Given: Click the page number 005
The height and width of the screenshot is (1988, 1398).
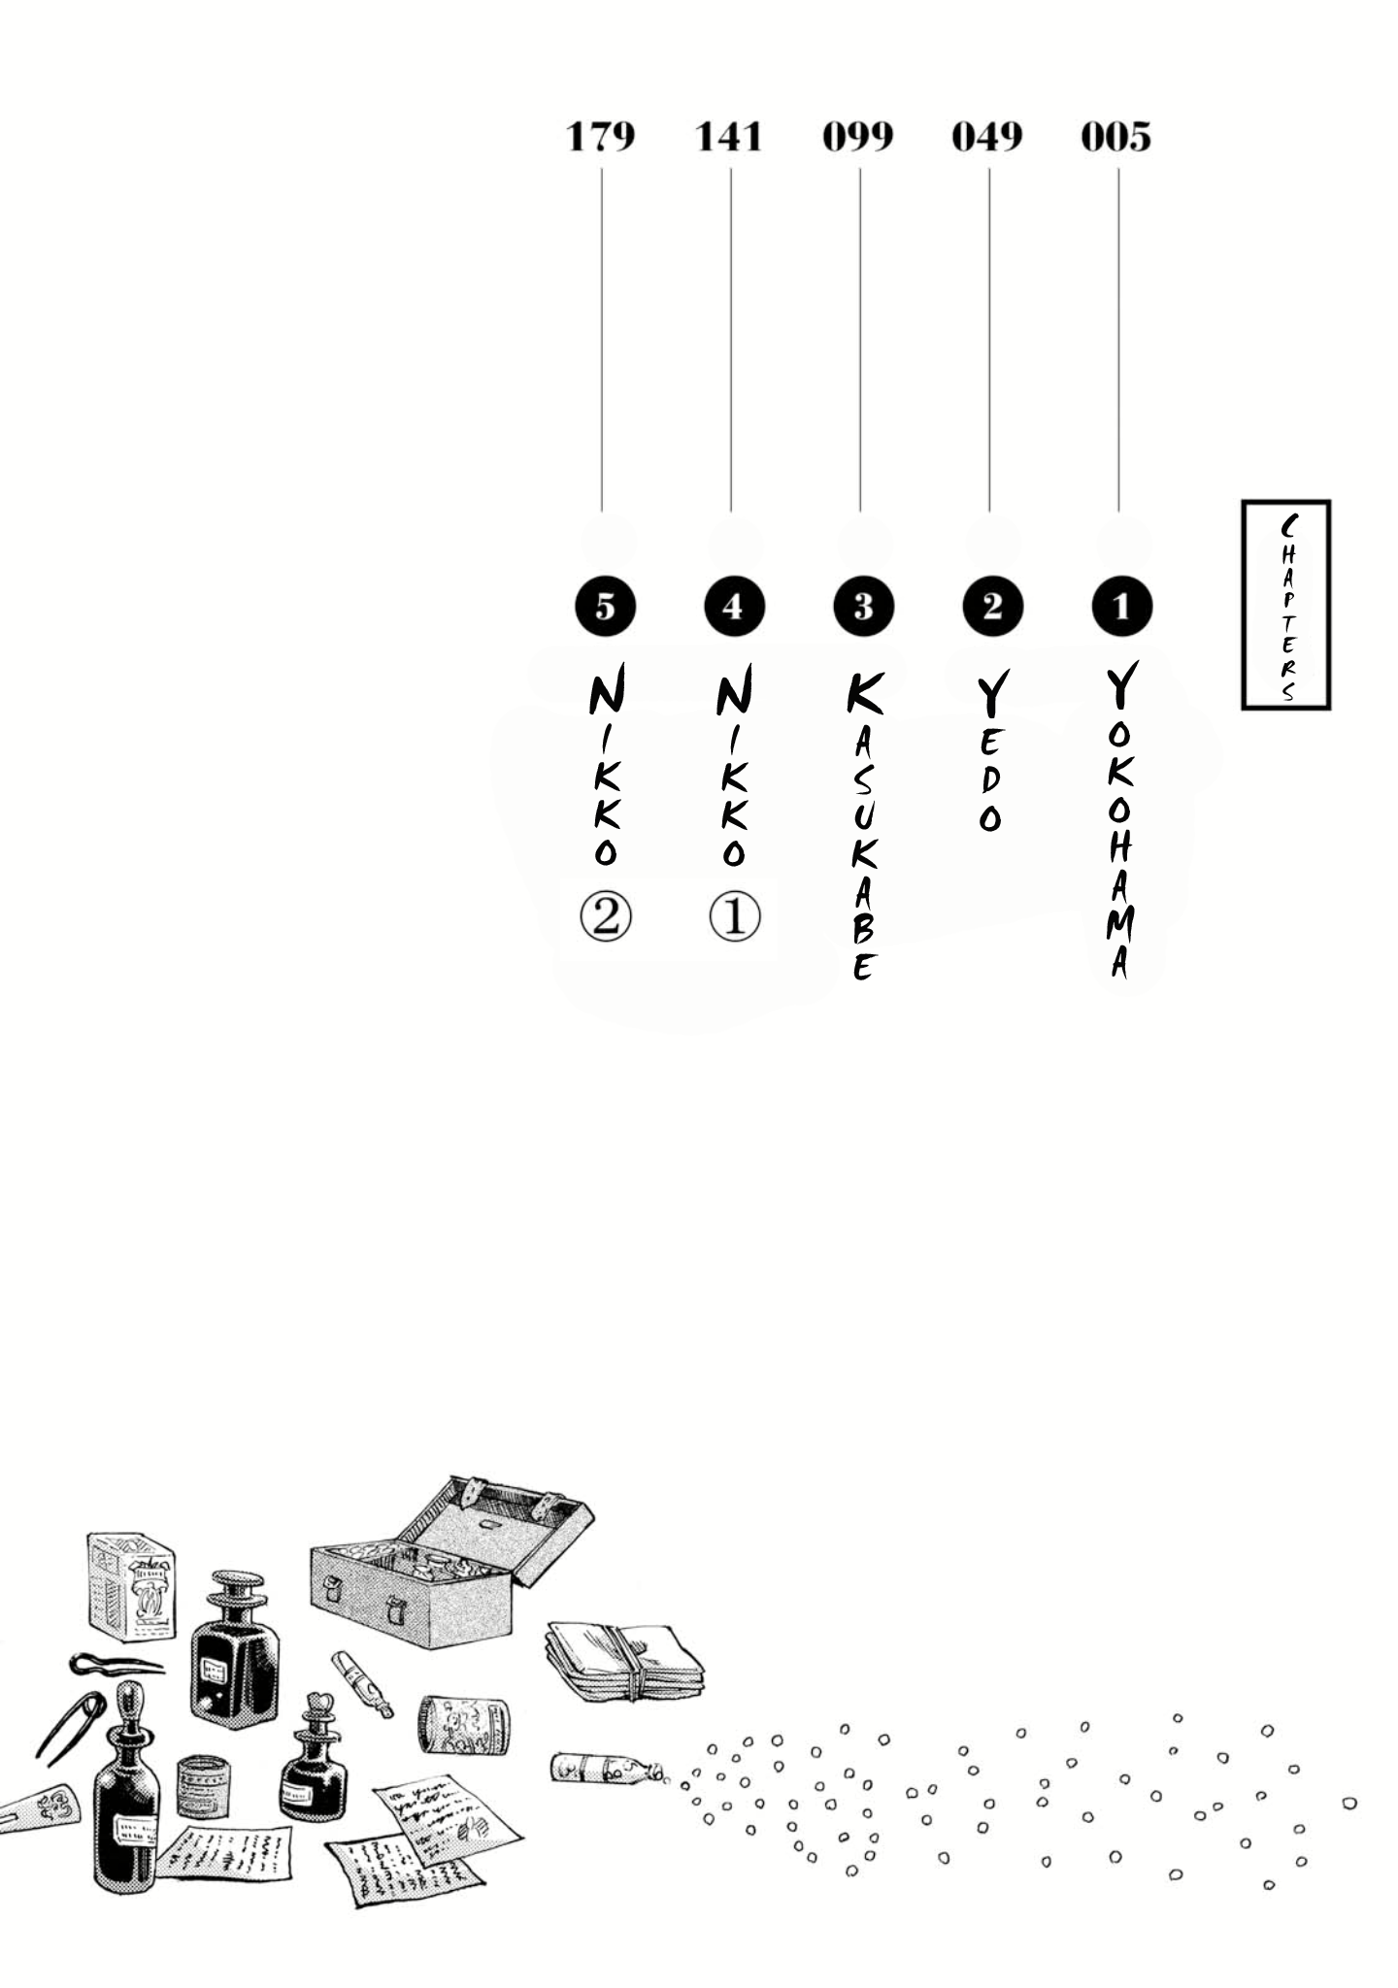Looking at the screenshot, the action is point(1115,138).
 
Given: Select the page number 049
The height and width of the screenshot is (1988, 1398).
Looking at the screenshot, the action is point(986,138).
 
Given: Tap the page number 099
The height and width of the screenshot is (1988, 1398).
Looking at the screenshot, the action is point(858,138).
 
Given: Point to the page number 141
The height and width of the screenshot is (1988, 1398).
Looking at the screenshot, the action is point(729,138).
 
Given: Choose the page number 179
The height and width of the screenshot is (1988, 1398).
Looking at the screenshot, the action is point(600,138).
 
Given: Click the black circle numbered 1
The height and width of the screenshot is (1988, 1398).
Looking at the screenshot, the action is point(1121,607).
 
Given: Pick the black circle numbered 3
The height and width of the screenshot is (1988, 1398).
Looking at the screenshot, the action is point(863,607).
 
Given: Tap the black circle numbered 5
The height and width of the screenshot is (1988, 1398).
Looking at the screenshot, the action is point(605,607).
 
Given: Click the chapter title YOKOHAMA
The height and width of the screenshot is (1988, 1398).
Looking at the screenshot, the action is point(1120,821).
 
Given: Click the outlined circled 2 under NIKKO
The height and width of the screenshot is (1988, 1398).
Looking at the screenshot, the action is point(605,917).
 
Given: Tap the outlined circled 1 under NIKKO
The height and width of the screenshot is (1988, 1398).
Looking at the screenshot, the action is point(735,917).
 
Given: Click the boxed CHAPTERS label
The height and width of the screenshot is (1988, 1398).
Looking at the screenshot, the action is point(1286,605).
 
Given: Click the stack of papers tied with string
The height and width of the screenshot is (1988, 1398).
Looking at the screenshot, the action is point(626,1660).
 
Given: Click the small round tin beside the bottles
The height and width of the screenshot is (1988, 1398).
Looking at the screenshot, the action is point(204,1786).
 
